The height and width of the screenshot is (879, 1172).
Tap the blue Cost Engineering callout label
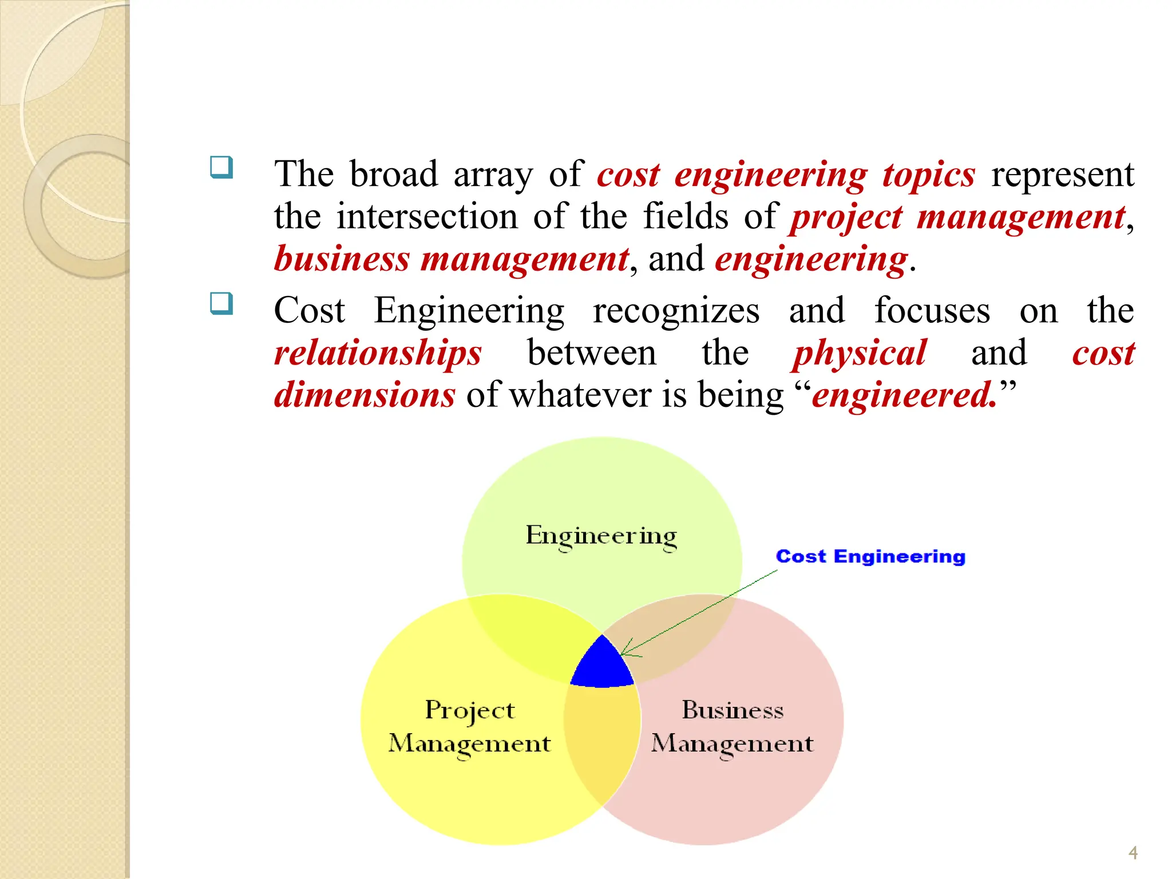[x=870, y=556]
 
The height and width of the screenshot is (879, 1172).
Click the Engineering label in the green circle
[x=601, y=536]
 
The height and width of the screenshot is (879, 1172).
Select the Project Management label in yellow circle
[x=469, y=727]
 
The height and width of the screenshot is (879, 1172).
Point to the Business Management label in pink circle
[x=732, y=727]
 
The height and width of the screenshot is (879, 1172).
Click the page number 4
[x=1133, y=853]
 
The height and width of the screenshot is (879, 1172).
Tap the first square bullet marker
[x=221, y=168]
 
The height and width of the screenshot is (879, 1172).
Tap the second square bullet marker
[x=221, y=303]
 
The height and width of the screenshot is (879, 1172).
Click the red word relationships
[x=378, y=353]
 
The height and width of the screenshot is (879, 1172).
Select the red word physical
[x=860, y=353]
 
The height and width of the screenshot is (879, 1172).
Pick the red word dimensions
[x=365, y=395]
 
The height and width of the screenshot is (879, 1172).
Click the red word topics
[x=928, y=174]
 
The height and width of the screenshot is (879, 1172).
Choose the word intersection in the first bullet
[x=427, y=216]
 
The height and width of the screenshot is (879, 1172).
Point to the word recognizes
[x=676, y=311]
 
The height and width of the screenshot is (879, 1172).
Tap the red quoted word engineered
[x=904, y=395]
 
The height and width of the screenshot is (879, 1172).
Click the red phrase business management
[x=451, y=259]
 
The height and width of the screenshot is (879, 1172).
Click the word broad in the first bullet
[x=394, y=174]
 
